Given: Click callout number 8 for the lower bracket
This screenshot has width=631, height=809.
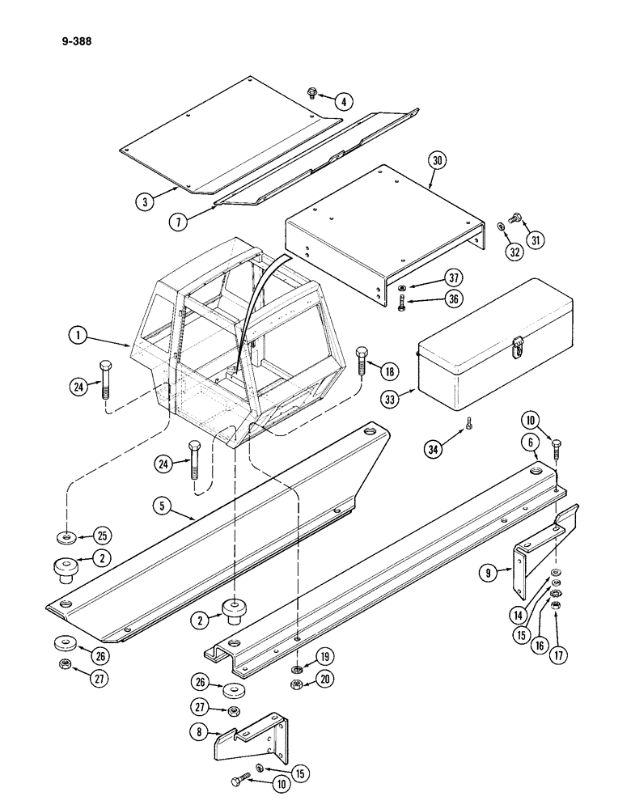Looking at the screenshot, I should coord(197,733).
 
